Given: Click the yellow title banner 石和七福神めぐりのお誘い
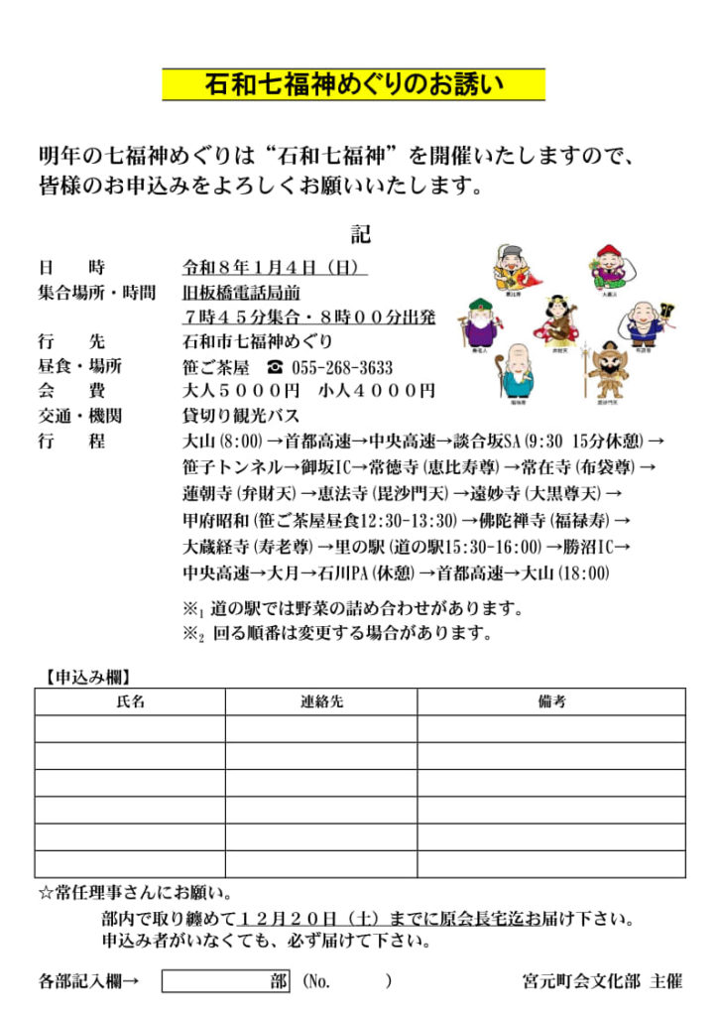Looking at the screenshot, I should pos(353,84).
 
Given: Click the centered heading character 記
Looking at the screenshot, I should pos(359,235).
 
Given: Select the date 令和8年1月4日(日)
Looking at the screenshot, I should pos(275,267).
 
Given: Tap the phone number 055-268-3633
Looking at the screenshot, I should pos(342,367).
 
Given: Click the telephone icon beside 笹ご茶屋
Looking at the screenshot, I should pos(275,367).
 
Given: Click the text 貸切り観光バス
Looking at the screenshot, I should pos(241,416).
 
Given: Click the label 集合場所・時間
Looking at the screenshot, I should pos(97,292).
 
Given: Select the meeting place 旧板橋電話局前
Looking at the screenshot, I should pos(241,292).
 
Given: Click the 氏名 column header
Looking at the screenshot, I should pos(130,701).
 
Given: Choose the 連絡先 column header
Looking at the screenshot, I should pos(321,701).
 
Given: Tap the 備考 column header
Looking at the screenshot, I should pos(551,701).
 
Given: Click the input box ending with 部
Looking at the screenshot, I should pos(226,981).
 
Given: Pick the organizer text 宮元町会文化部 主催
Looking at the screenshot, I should pos(602,981).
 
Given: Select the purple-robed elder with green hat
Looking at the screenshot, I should pos(479,322).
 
